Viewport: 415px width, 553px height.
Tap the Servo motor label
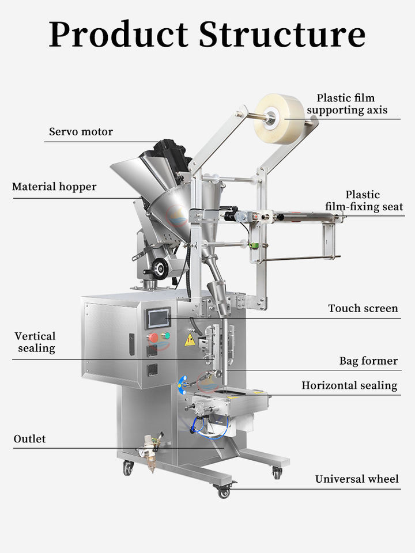[x=81, y=132]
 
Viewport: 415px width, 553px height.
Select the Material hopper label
[x=54, y=187]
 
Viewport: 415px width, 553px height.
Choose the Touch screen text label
[x=363, y=308]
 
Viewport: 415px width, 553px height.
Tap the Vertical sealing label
[x=35, y=342]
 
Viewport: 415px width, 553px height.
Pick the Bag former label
[x=368, y=361]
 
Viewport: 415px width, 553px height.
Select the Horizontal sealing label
[x=349, y=385]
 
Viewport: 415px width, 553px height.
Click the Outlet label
[x=29, y=439]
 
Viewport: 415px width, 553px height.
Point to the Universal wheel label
[x=357, y=479]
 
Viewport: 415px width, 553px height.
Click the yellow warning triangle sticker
[x=190, y=340]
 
